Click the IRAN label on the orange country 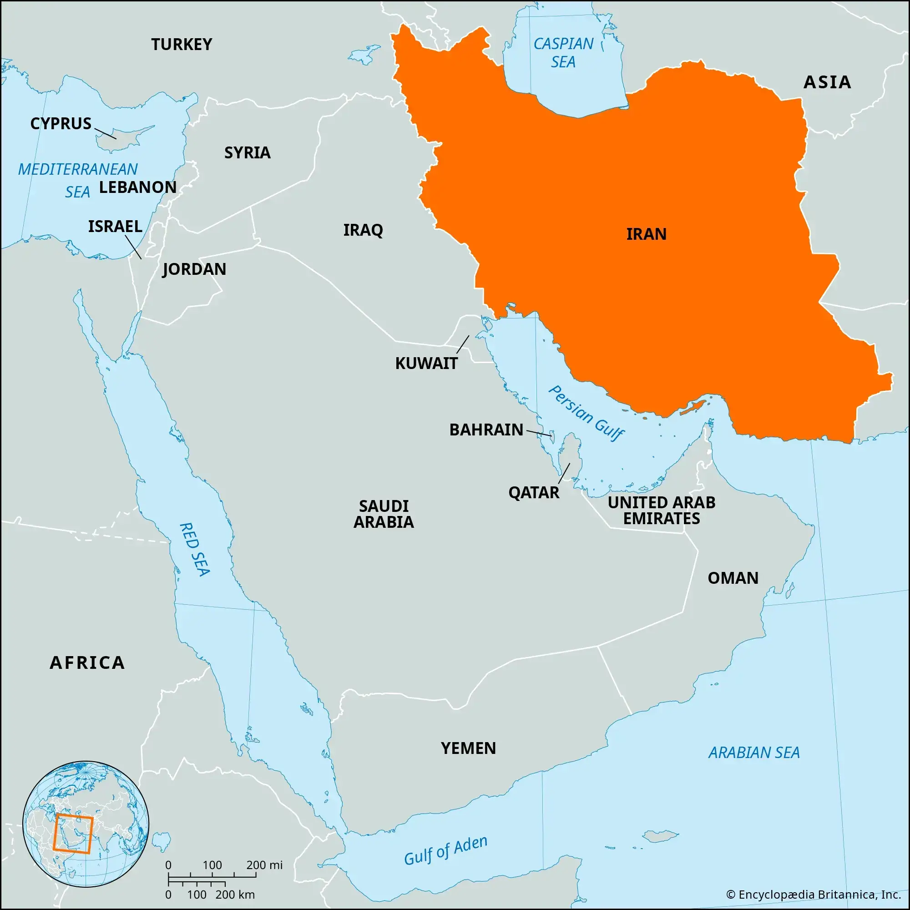[646, 234]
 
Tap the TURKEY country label [182, 44]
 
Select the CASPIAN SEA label [563, 53]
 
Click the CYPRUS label [61, 123]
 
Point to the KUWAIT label [426, 363]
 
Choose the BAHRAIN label [486, 430]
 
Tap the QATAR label [534, 493]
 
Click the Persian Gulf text [586, 413]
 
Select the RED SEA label [195, 549]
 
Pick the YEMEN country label [468, 748]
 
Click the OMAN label [733, 578]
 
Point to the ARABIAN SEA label [753, 752]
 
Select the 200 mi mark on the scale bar [264, 865]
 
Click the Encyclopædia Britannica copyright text [813, 895]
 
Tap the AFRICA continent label [87, 663]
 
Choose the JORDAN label [194, 269]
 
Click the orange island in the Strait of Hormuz [693, 407]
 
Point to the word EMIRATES [661, 519]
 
